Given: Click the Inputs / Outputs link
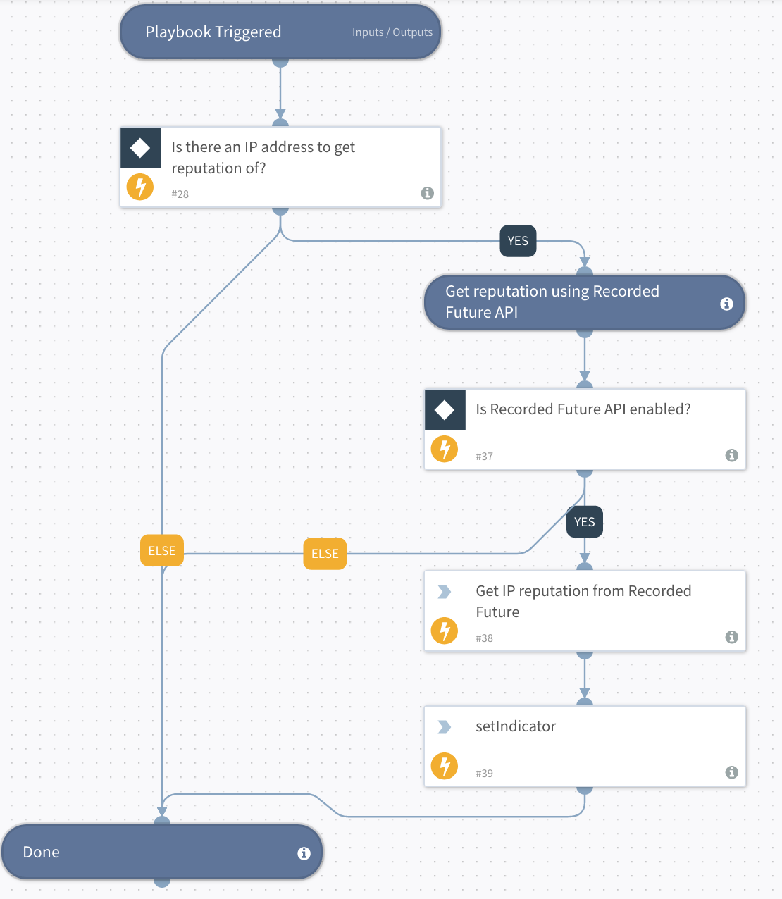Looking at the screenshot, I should pos(392,32).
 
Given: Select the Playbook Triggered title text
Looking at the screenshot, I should pos(213,32).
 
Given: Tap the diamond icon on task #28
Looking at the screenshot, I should pos(140,148).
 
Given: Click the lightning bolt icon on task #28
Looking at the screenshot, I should pos(140,187).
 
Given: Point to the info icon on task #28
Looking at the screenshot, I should pos(427,193).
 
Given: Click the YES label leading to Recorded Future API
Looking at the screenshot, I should pos(518,241).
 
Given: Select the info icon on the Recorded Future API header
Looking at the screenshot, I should pos(726,304).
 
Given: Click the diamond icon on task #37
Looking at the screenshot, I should pos(445,410).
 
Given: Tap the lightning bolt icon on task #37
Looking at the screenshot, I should pos(445,449).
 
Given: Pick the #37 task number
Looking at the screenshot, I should pos(484,457).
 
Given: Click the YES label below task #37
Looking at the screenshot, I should pos(585,522).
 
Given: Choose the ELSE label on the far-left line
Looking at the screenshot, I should pos(162,551).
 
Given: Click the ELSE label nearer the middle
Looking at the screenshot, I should pos(325,554).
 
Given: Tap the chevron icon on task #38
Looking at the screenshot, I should pos(445,592).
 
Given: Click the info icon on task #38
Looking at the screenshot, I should pos(732,637).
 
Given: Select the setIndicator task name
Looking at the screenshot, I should pos(516,726).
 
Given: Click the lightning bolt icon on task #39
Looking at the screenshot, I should pos(445,766).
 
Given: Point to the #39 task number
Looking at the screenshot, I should pos(484,774).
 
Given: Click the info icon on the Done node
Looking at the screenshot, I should pos(304,853).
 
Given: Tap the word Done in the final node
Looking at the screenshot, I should pos(42,852).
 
